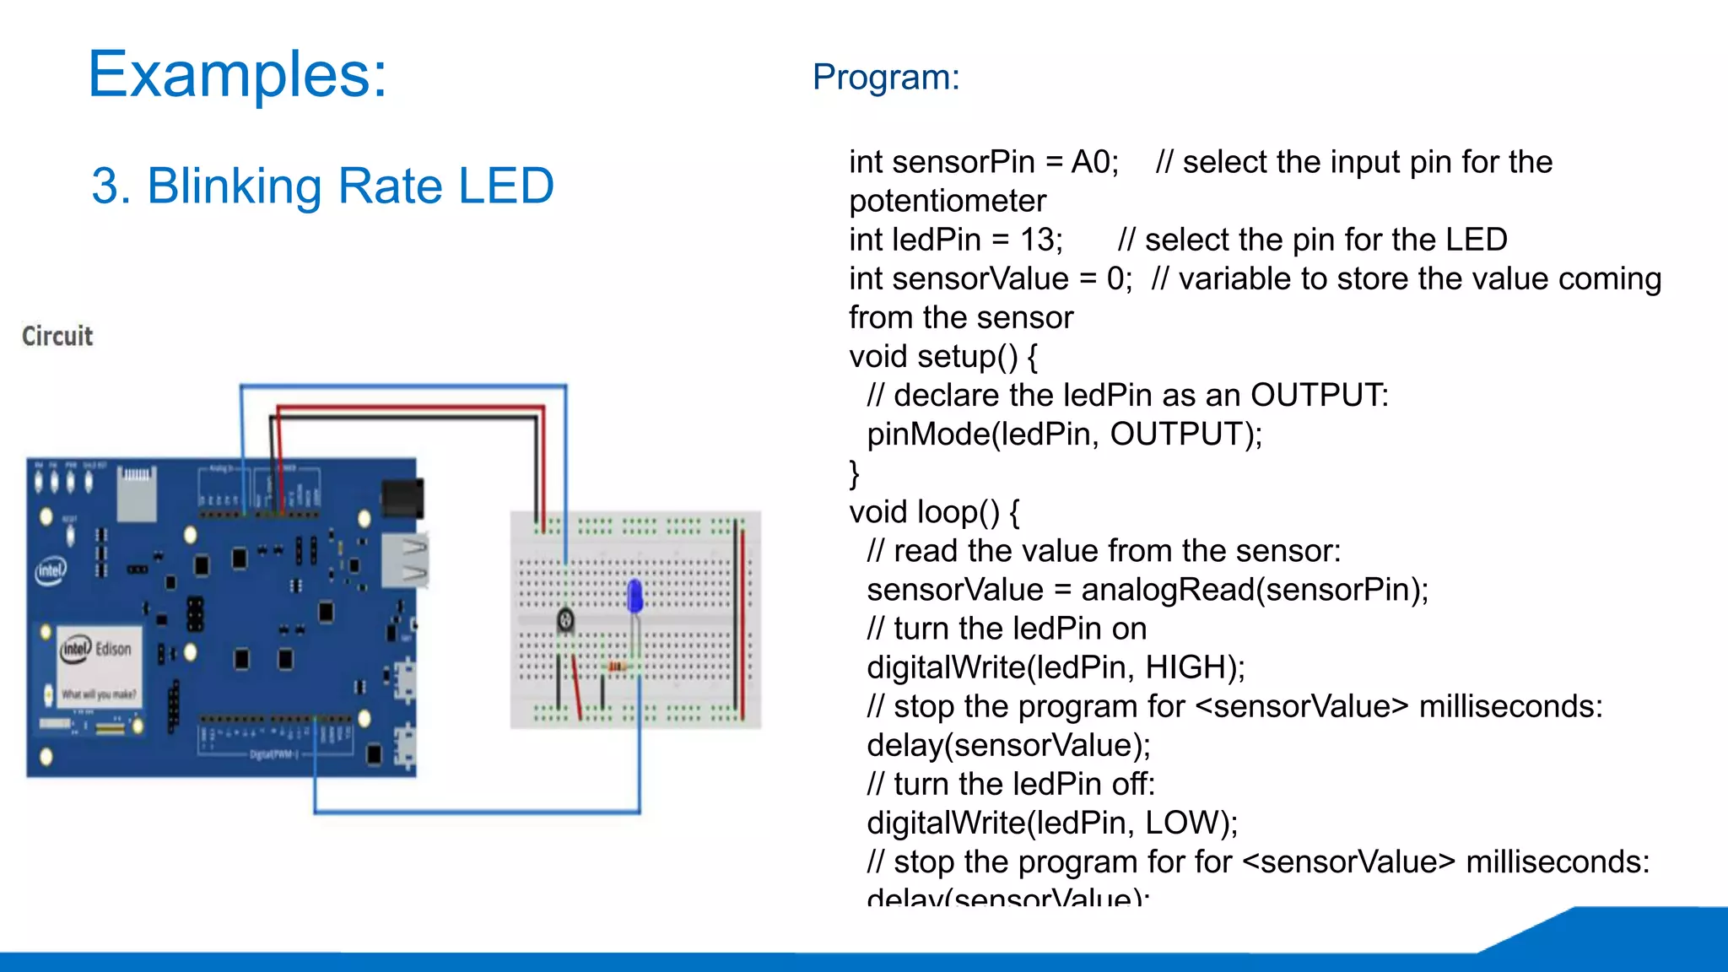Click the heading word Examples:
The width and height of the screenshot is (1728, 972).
237,75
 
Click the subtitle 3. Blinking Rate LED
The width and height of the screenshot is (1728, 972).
322,186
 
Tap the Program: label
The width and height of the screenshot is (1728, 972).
885,78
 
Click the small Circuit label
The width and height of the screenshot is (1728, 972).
57,336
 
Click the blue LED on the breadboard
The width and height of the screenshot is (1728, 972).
635,597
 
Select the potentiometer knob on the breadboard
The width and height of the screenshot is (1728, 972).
565,622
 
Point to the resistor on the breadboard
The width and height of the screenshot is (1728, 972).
617,667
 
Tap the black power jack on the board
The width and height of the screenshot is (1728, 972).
402,499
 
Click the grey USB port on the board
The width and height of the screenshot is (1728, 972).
405,560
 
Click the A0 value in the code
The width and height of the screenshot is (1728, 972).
1093,162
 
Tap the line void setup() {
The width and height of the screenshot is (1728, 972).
942,357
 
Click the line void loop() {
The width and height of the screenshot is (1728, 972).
934,512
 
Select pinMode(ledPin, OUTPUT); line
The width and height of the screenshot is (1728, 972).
1063,435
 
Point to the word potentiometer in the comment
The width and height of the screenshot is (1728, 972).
947,202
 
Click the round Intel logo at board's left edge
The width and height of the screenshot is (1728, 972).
51,571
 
